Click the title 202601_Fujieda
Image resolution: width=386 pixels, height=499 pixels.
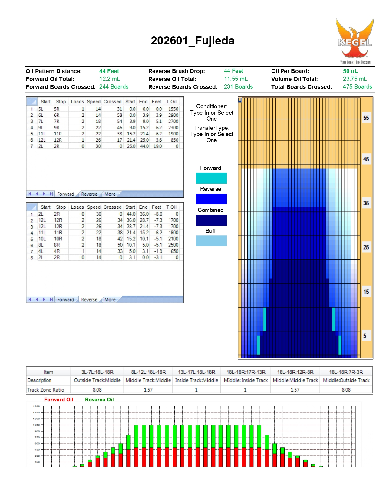click(193, 41)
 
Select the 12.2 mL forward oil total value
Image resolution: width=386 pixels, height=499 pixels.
click(110, 79)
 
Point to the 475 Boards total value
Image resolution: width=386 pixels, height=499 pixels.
click(357, 87)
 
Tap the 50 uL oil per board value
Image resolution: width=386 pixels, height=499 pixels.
click(350, 71)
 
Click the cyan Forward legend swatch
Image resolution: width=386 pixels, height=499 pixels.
click(211, 178)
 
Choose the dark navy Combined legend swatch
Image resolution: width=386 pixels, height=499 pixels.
click(211, 220)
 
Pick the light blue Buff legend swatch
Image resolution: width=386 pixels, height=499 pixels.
click(211, 241)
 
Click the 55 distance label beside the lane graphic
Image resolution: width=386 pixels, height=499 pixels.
click(366, 118)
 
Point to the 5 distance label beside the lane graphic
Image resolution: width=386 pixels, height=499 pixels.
click(365, 336)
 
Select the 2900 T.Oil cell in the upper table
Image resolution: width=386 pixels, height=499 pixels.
click(173, 115)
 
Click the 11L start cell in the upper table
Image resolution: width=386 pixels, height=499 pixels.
click(42, 134)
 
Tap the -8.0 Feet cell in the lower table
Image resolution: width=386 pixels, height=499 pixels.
click(158, 214)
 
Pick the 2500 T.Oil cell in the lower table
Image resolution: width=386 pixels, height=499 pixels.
click(173, 245)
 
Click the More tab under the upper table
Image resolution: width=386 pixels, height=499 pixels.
click(110, 194)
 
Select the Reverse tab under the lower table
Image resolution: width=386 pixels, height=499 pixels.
click(89, 300)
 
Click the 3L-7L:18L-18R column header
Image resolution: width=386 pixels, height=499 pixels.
click(97, 372)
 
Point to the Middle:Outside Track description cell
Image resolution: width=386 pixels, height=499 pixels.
click(346, 380)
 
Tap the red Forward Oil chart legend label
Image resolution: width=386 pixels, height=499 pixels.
click(59, 400)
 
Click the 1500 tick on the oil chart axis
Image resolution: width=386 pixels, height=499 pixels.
click(37, 406)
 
